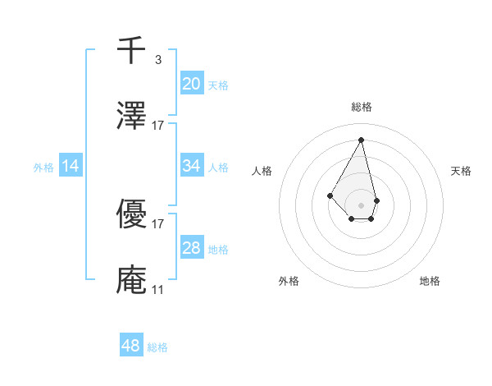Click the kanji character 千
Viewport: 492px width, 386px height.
pyautogui.click(x=131, y=51)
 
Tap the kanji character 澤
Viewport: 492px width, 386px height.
pyautogui.click(x=131, y=116)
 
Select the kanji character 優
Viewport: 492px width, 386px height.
pyautogui.click(x=131, y=214)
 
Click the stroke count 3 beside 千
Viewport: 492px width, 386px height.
pyautogui.click(x=157, y=59)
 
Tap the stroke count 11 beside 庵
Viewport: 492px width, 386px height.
pyautogui.click(x=157, y=289)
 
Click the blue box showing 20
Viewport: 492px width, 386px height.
pyautogui.click(x=192, y=83)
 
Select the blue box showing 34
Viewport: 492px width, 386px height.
pyautogui.click(x=192, y=166)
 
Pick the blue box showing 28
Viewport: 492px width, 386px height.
pyautogui.click(x=192, y=248)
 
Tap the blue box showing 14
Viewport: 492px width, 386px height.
pyautogui.click(x=71, y=166)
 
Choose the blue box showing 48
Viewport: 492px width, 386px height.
pyautogui.click(x=131, y=346)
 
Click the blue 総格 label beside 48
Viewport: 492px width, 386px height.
pyautogui.click(x=157, y=347)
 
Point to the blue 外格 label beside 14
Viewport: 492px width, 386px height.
pyautogui.click(x=43, y=168)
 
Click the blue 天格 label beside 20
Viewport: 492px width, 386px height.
pyautogui.click(x=218, y=85)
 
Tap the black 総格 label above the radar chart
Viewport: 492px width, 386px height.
pyautogui.click(x=361, y=108)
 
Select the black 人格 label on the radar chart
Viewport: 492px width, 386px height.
pyautogui.click(x=262, y=171)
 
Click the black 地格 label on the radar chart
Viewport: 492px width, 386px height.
pyautogui.click(x=430, y=281)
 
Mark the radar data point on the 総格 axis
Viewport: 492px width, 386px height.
pyautogui.click(x=361, y=139)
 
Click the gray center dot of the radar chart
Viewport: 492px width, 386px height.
pyautogui.click(x=361, y=204)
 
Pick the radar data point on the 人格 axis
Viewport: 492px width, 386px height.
pyautogui.click(x=330, y=195)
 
